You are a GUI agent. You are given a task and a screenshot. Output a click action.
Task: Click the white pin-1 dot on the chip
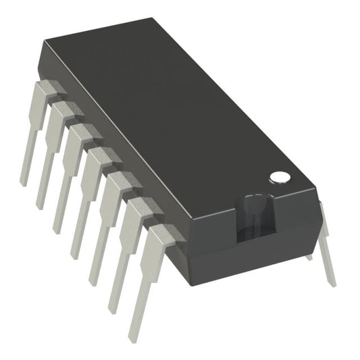280,177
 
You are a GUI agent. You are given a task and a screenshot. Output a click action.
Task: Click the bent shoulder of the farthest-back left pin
49,87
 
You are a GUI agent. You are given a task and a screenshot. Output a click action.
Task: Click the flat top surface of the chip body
169,108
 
